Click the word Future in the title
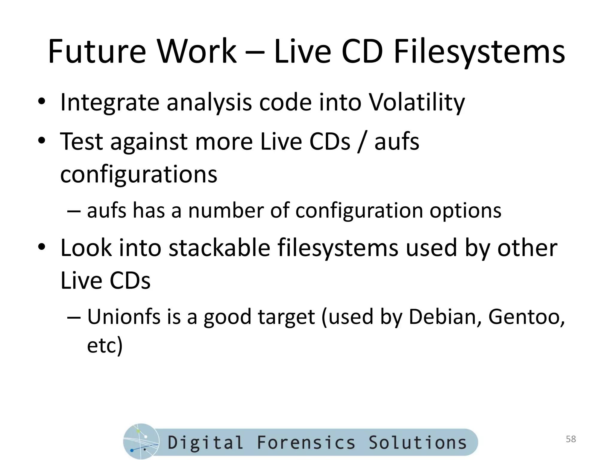pyautogui.click(x=97, y=52)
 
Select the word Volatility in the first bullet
pyautogui.click(x=417, y=102)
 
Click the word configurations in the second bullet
pyautogui.click(x=139, y=174)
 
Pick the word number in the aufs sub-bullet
pyautogui.click(x=226, y=210)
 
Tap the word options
pyautogui.click(x=465, y=211)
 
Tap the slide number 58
pyautogui.click(x=571, y=439)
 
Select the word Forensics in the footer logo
pyautogui.click(x=306, y=443)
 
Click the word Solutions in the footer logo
pyautogui.click(x=417, y=443)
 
